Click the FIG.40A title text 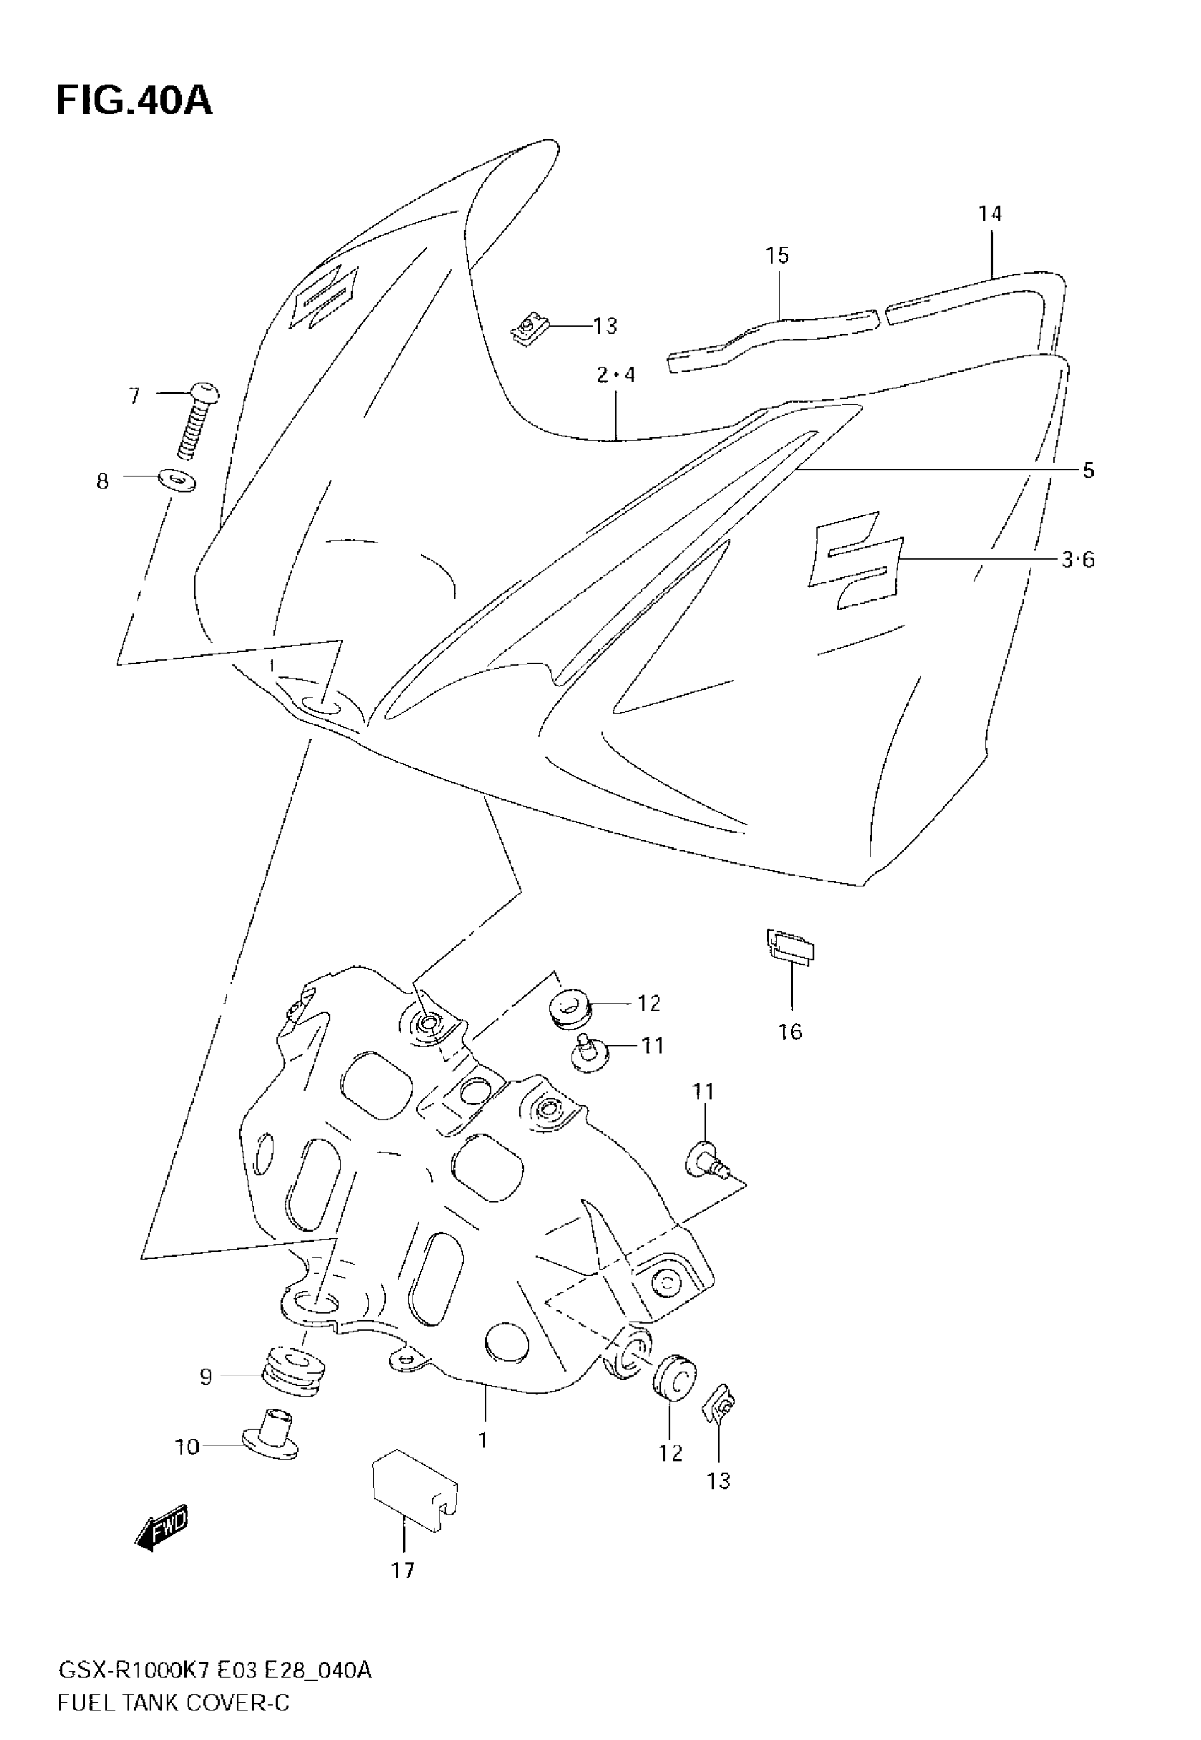[134, 101]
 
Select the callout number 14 [990, 213]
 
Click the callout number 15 [777, 256]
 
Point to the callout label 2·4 [616, 375]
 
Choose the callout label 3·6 [1077, 560]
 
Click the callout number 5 [1088, 471]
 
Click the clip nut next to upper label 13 [530, 329]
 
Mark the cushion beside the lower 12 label [673, 1378]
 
